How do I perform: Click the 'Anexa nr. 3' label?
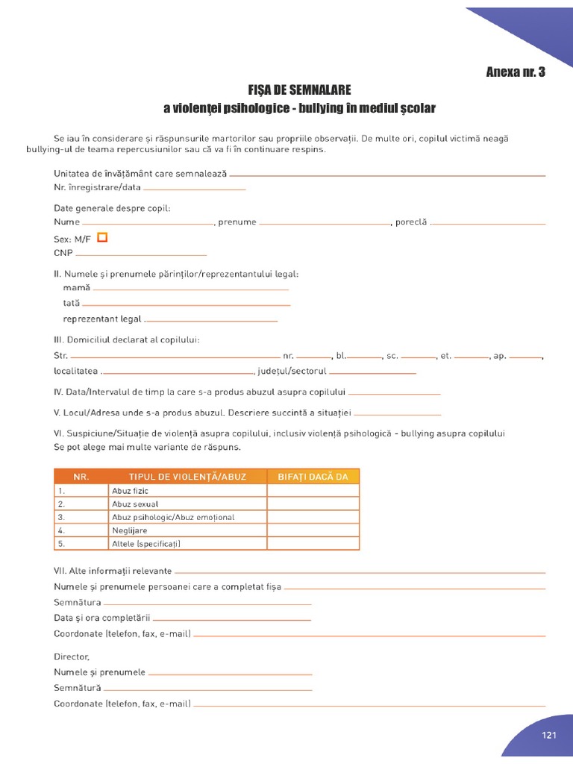click(515, 72)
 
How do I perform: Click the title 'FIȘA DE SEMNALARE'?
click(298, 90)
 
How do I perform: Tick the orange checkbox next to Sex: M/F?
click(103, 237)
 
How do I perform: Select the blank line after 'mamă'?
click(190, 288)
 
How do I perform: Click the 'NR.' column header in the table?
click(81, 477)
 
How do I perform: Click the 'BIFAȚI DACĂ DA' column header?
click(313, 477)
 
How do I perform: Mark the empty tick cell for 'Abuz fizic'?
click(313, 490)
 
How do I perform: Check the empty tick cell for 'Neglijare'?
click(313, 530)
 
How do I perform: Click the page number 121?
click(550, 735)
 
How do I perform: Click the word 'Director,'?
click(72, 657)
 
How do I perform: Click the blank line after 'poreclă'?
click(489, 223)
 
